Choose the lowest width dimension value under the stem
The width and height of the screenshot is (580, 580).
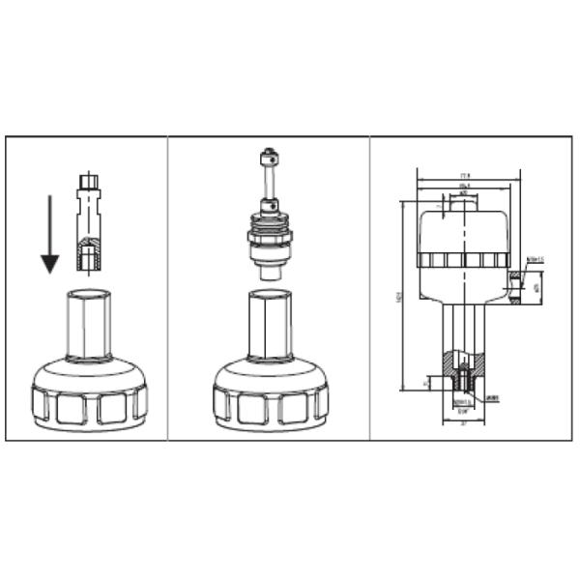click(x=465, y=422)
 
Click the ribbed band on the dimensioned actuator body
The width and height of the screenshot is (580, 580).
click(x=464, y=261)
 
